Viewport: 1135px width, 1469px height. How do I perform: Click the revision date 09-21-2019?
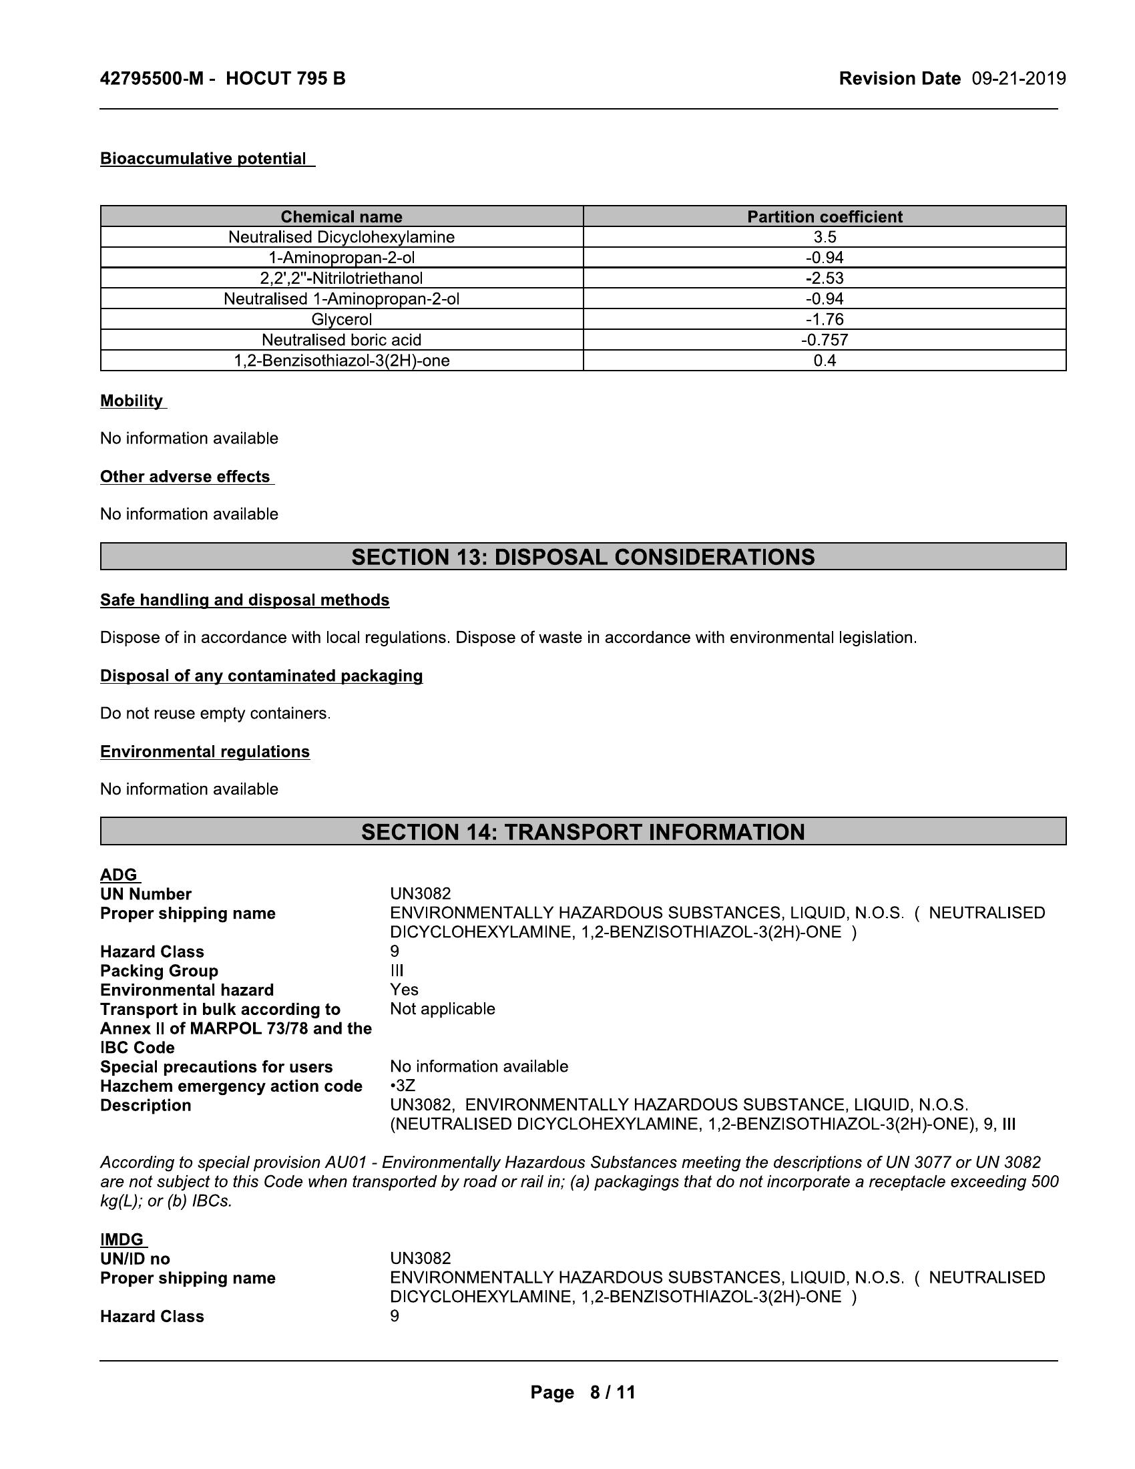tap(1019, 79)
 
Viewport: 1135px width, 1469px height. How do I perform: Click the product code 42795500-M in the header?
tap(152, 79)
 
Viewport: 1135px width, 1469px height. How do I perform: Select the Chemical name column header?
tap(342, 216)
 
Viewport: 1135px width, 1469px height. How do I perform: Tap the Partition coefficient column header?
tap(825, 216)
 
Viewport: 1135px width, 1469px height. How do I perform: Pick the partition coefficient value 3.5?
tap(825, 237)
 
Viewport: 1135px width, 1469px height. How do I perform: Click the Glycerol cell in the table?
tap(342, 319)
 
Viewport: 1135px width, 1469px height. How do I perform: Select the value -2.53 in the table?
tap(825, 278)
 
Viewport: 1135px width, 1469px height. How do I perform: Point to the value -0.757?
tap(825, 340)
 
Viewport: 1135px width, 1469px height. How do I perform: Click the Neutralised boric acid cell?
tap(342, 340)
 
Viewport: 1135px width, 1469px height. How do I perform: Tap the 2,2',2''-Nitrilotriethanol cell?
tap(342, 278)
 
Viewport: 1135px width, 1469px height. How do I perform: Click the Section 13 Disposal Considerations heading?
tap(583, 557)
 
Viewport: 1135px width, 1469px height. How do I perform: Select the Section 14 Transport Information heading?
tap(583, 832)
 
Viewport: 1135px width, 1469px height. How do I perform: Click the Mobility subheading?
tap(132, 401)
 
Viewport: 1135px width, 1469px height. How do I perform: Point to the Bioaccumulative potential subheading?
tap(203, 159)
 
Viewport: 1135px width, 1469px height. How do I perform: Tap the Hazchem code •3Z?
tap(402, 1086)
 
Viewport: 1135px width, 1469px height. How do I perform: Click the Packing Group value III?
tap(397, 971)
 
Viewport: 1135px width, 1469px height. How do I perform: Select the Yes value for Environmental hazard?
tap(404, 990)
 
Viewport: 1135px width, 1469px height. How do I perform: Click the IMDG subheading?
tap(122, 1240)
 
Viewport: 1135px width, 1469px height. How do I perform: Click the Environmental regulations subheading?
tap(205, 751)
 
